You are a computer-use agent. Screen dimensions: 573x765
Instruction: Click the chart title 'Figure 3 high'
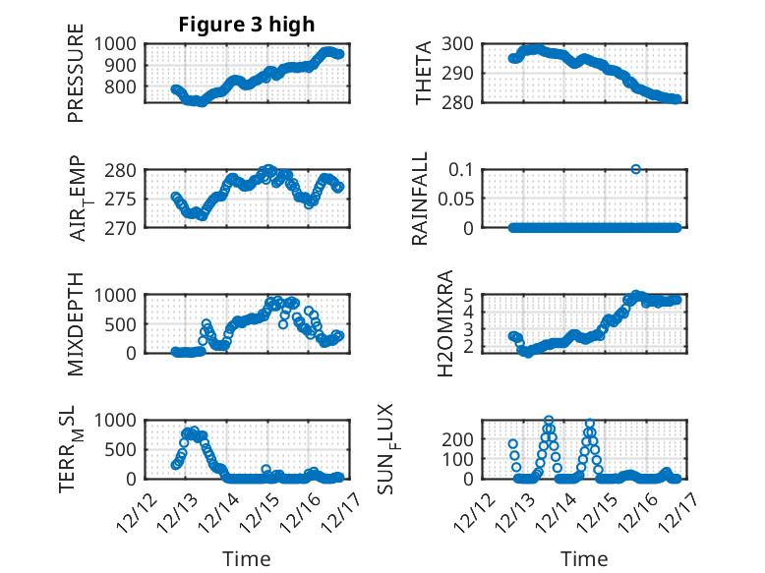245,26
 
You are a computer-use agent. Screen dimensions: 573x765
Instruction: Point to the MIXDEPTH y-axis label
76,323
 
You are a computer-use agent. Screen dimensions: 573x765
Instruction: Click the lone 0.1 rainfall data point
636,169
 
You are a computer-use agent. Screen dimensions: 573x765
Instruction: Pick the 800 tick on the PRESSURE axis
125,87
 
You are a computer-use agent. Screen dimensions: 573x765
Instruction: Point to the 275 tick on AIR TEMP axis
125,199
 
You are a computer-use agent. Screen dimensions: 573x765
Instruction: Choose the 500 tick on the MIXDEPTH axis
125,323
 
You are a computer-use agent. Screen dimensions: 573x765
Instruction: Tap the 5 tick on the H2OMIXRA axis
469,295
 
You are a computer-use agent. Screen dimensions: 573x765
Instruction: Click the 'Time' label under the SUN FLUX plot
584,559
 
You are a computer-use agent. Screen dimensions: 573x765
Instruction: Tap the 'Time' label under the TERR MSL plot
247,559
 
